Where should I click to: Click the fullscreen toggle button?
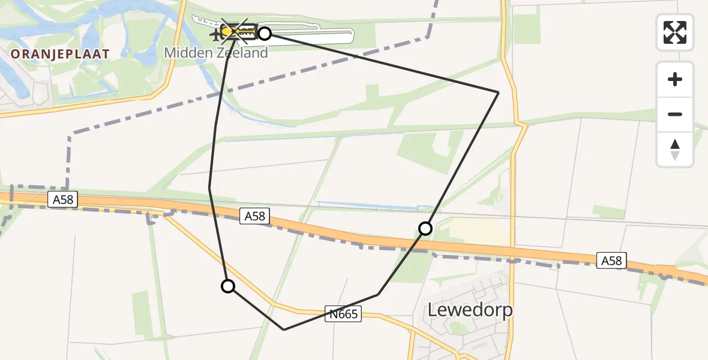pyautogui.click(x=675, y=32)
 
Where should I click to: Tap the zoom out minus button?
pyautogui.click(x=675, y=114)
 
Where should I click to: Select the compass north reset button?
pyautogui.click(x=675, y=149)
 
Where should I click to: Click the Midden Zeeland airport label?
pyautogui.click(x=215, y=53)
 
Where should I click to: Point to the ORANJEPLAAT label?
pyautogui.click(x=60, y=54)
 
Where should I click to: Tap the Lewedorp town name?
pyautogui.click(x=470, y=310)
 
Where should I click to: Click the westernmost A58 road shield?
pyautogui.click(x=63, y=200)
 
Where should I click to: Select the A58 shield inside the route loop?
pyautogui.click(x=254, y=217)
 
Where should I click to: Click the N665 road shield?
pyautogui.click(x=344, y=314)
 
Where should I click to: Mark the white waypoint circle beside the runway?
pyautogui.click(x=264, y=33)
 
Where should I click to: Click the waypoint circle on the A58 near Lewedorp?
pyautogui.click(x=425, y=229)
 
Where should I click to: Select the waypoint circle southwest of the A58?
pyautogui.click(x=228, y=286)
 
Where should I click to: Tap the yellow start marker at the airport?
pyautogui.click(x=227, y=31)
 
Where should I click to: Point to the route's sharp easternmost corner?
pyautogui.click(x=499, y=92)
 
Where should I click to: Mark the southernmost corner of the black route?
pyautogui.click(x=284, y=329)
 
